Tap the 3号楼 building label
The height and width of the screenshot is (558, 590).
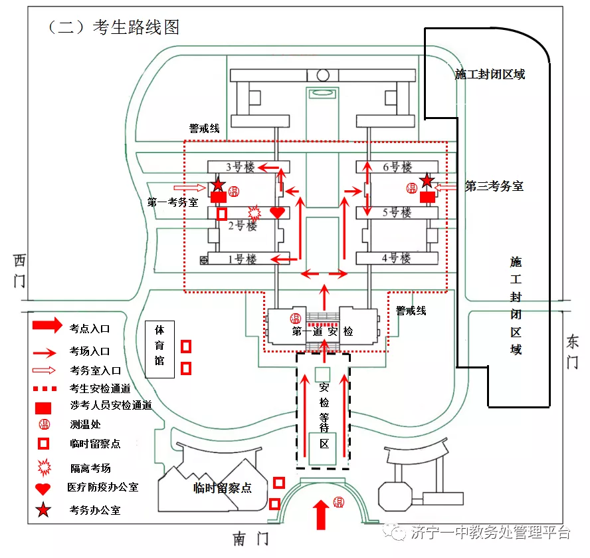(x=240, y=167)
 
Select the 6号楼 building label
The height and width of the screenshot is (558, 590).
(x=397, y=167)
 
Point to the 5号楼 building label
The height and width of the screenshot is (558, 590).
(x=397, y=213)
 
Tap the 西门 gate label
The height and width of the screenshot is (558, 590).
(x=20, y=270)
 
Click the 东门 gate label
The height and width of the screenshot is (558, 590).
(x=572, y=352)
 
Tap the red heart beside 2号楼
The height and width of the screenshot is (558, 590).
(x=277, y=213)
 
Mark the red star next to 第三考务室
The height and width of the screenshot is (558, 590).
(x=427, y=180)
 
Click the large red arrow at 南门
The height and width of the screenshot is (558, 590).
(x=321, y=514)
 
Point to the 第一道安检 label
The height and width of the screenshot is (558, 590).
(x=323, y=331)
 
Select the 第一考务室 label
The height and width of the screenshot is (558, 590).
(x=172, y=202)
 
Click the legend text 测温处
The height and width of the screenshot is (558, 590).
(x=85, y=424)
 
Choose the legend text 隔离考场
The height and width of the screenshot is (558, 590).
(x=90, y=468)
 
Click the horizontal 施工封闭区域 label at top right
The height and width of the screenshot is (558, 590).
(x=490, y=74)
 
